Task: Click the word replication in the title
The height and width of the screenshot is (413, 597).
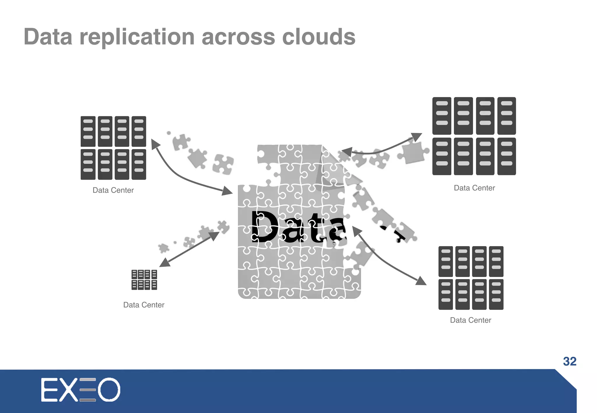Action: pos(137,37)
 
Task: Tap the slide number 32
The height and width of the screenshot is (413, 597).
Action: pos(570,361)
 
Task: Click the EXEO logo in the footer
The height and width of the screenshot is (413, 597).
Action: pos(80,390)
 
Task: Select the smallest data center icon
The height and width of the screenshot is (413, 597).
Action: pos(144,280)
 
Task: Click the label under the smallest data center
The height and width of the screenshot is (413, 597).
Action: pos(144,305)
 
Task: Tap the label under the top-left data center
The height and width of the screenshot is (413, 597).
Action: pos(113,190)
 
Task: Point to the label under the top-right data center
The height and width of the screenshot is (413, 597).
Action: pos(474,188)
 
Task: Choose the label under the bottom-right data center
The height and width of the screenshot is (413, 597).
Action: pos(470,320)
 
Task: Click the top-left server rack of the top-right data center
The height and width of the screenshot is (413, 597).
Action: pos(442,116)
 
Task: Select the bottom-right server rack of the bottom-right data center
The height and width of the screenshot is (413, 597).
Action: pos(496,294)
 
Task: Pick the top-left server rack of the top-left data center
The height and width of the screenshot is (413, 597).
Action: pos(88,131)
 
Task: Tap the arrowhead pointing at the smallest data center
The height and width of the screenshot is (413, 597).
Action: pos(164,262)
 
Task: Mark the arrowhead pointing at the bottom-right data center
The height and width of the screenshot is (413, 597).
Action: pos(421,281)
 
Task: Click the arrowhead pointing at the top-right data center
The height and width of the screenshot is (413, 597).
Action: pos(417,137)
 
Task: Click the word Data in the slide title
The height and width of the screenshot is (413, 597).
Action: pos(48,37)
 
